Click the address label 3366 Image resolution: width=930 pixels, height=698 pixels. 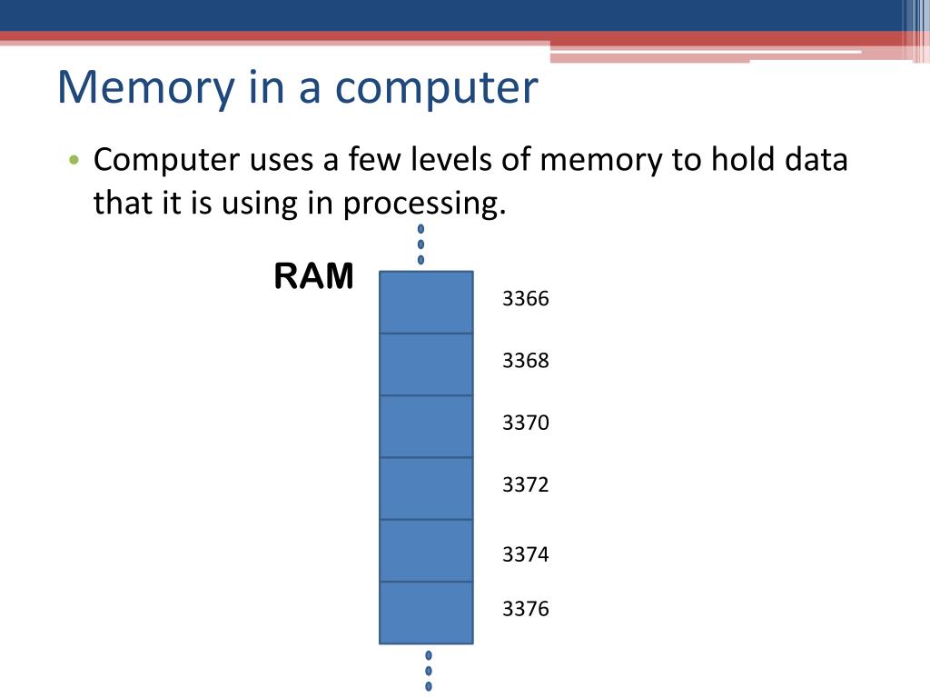[x=526, y=299]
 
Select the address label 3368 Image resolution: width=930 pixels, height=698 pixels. [x=526, y=361]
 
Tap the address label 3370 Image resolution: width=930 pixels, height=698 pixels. [x=526, y=423]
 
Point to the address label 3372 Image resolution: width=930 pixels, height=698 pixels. [x=526, y=484]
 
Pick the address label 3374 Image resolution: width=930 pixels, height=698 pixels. [x=526, y=553]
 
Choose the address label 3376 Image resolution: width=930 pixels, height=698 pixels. [x=526, y=608]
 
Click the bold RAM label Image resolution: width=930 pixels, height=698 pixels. [x=313, y=277]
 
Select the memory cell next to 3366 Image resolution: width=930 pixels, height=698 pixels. [x=426, y=302]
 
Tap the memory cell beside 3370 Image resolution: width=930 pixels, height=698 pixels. [x=426, y=426]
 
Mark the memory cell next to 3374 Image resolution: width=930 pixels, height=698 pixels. [x=426, y=551]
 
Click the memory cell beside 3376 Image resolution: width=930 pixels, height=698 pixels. [x=426, y=613]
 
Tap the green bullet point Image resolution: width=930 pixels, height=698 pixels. [x=74, y=162]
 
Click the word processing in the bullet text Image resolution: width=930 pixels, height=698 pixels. [x=423, y=204]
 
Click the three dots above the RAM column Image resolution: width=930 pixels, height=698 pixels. [x=420, y=244]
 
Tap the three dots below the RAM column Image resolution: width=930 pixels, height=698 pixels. [x=429, y=671]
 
